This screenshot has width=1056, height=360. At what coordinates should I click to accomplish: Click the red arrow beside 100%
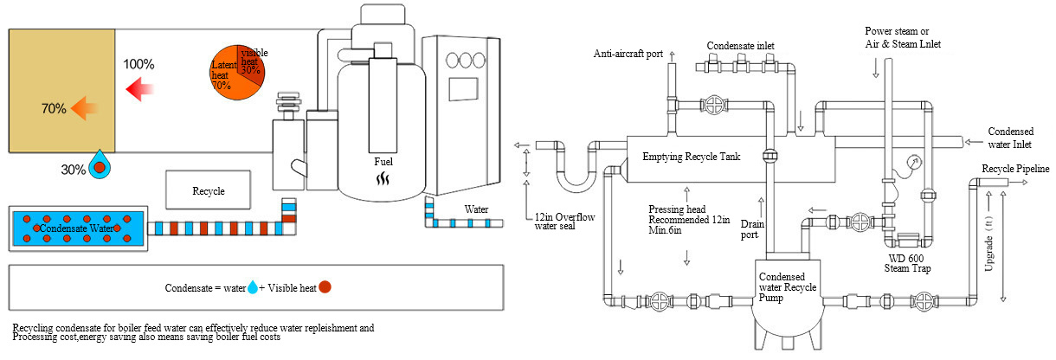coord(139,88)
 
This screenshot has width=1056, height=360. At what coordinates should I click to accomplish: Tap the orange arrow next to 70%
coord(84,108)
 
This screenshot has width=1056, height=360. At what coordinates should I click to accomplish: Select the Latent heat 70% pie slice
coord(226,78)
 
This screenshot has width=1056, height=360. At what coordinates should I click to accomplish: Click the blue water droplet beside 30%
coord(100,164)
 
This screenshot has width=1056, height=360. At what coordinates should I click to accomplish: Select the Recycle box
coord(208,190)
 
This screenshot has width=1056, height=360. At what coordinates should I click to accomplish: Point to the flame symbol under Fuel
coord(383,179)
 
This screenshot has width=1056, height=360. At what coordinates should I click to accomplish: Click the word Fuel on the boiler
coord(383,162)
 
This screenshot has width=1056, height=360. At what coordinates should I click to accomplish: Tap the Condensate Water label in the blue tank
coord(77,228)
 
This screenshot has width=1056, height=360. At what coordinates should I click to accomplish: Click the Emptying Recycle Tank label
coord(691,157)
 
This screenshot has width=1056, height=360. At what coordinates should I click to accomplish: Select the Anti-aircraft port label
coord(628,54)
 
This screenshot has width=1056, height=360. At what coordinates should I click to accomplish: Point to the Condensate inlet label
coord(740,46)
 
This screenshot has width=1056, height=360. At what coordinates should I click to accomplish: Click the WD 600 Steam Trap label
coord(907,263)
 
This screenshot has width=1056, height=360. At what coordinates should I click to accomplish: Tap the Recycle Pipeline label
coord(1015,169)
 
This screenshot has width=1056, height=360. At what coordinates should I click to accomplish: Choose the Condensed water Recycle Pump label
coord(788,287)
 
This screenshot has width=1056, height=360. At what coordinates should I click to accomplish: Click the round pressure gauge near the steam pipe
coord(914,163)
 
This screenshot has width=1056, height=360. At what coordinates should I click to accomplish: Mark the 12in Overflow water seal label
coord(564,222)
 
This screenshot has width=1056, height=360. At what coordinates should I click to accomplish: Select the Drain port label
coord(752,229)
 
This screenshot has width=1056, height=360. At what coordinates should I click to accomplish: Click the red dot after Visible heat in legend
coord(325,286)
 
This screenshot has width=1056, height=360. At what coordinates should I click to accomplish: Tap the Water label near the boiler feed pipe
coord(476,209)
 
